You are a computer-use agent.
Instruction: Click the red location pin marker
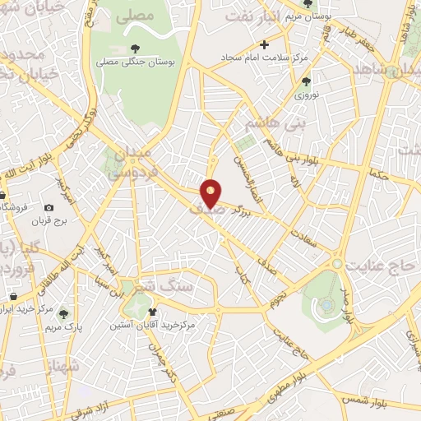[x=211, y=192]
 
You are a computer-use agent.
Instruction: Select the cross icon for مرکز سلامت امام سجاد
[x=264, y=44]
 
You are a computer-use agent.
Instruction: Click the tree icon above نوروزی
[x=307, y=81]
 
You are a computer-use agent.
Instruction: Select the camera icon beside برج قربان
[x=49, y=208]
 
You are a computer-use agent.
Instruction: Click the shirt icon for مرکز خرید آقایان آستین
[x=153, y=312]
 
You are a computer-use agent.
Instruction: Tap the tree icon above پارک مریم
[x=62, y=313]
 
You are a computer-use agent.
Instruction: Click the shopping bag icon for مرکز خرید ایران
[x=13, y=297]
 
